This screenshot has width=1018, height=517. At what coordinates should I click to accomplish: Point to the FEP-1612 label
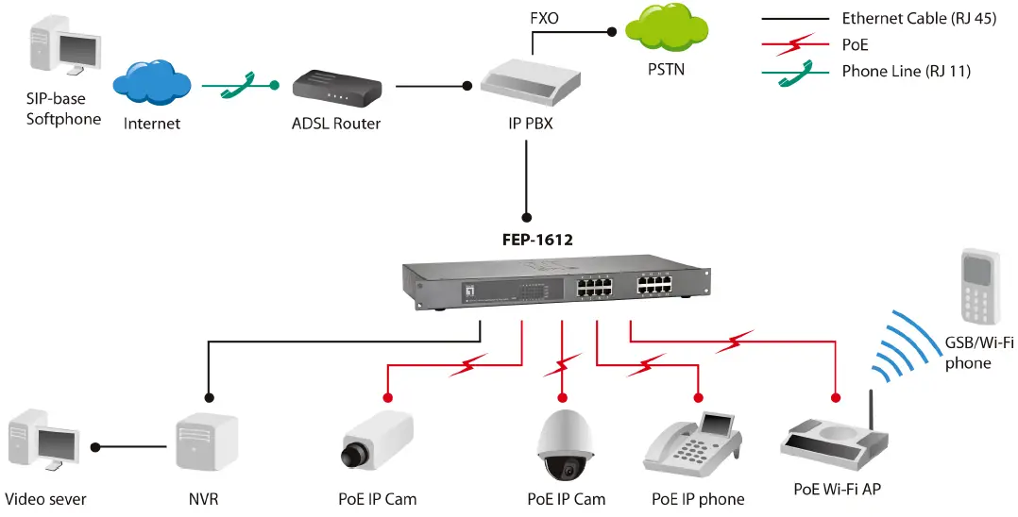537,240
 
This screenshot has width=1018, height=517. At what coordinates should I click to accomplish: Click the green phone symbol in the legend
795,72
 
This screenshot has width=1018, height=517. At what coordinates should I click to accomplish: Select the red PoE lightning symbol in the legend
795,43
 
